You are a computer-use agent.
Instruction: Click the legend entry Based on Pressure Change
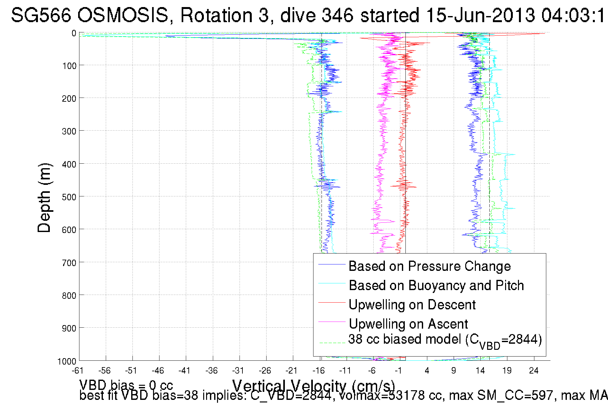click(x=430, y=266)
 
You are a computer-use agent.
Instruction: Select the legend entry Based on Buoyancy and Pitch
click(x=436, y=285)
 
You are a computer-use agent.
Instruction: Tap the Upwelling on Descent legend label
click(x=412, y=305)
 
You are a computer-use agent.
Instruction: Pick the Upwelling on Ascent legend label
click(x=408, y=324)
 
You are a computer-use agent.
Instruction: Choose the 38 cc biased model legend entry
click(x=445, y=340)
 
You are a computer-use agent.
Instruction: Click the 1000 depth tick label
click(x=67, y=362)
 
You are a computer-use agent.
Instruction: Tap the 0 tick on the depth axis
click(x=74, y=33)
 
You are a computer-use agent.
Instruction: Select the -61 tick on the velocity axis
click(x=78, y=371)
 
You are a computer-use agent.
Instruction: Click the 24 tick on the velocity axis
click(x=534, y=371)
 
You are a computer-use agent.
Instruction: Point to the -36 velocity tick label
click(x=212, y=371)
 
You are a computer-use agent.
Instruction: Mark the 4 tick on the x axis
click(x=427, y=371)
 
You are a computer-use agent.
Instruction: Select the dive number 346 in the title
click(x=338, y=15)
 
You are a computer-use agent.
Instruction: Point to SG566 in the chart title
click(x=41, y=15)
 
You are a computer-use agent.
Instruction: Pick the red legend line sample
click(x=331, y=302)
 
